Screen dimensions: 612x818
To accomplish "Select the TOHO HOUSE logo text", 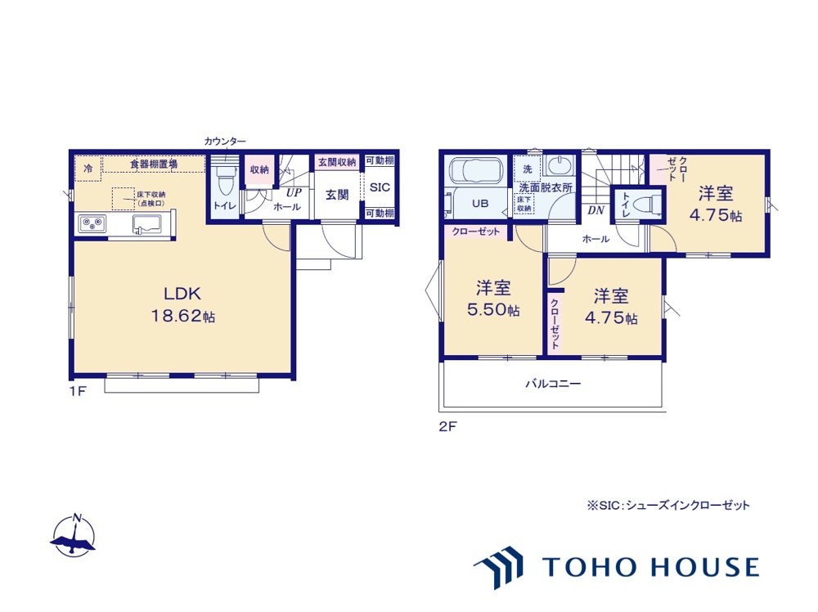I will pyautogui.click(x=650, y=566).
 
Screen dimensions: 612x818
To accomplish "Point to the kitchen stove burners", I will pyautogui.click(x=90, y=223).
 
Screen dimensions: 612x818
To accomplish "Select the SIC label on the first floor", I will pyautogui.click(x=380, y=187).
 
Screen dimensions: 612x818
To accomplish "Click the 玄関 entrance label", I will pyautogui.click(x=337, y=196).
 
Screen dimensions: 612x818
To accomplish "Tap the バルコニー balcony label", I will pyautogui.click(x=553, y=383).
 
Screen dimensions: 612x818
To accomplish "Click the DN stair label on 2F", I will pyautogui.click(x=596, y=210).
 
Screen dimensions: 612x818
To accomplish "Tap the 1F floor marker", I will pyautogui.click(x=76, y=391).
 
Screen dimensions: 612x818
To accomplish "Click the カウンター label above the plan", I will pyautogui.click(x=225, y=142).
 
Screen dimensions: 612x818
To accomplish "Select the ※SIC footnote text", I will pyautogui.click(x=667, y=506).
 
